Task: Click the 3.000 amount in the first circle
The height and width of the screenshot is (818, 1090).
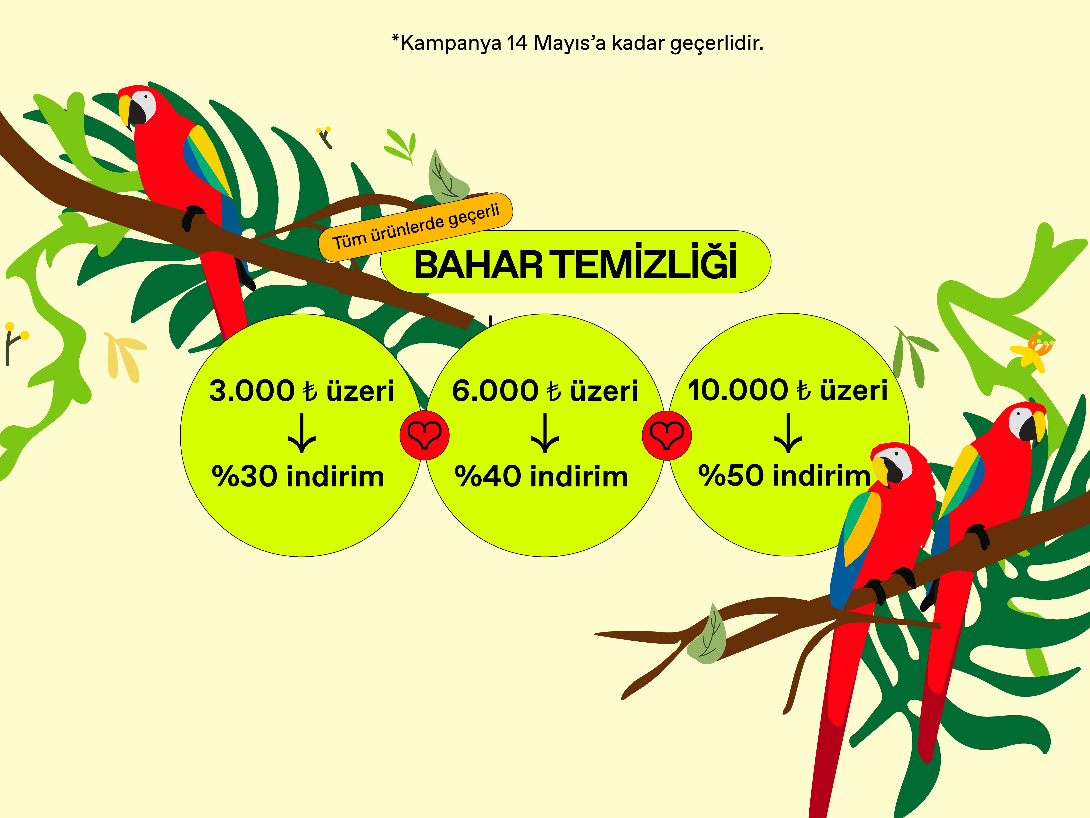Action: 252,391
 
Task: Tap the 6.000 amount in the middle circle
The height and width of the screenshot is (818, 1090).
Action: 495,391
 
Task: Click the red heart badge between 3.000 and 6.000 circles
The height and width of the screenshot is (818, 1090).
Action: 424,435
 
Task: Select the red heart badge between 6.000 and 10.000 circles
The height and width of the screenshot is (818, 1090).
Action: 667,435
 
